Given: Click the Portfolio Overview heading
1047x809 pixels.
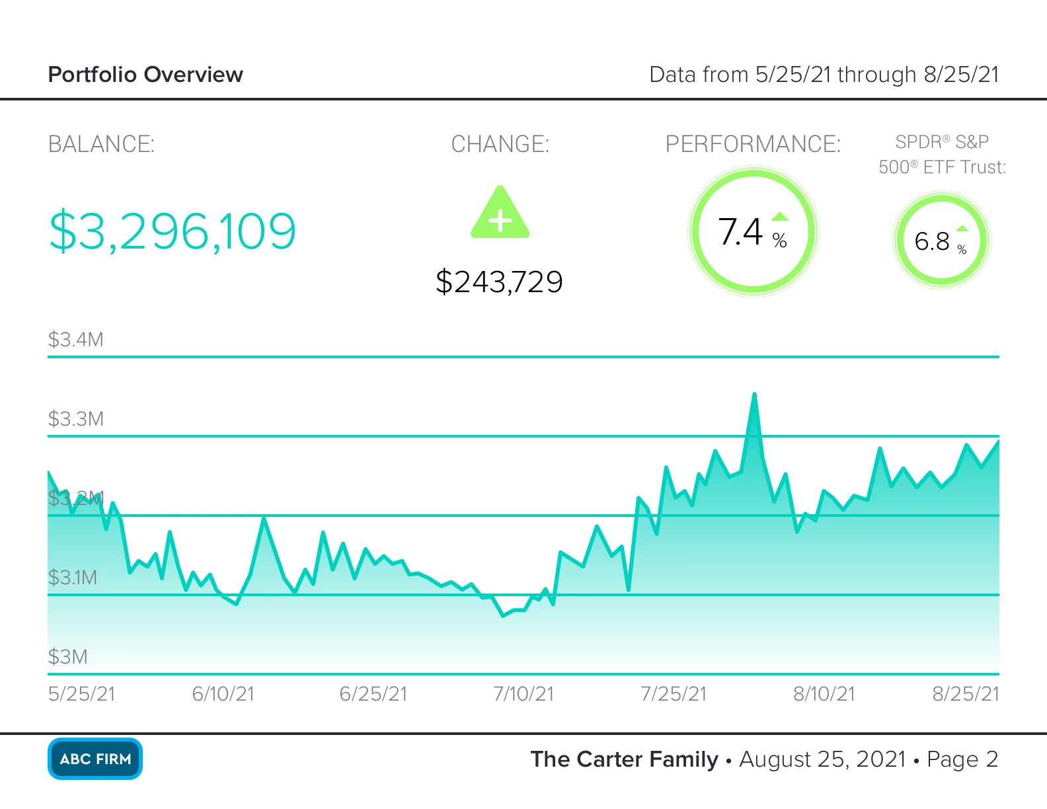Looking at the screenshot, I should [x=145, y=75].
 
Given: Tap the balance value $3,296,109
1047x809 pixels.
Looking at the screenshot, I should [x=173, y=231].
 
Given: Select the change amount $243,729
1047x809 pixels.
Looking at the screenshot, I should [x=499, y=282].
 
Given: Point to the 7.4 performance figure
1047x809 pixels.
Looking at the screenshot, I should [x=741, y=232].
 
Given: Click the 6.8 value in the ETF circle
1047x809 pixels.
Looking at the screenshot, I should [x=932, y=241].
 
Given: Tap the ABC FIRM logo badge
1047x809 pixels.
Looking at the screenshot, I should [x=95, y=759].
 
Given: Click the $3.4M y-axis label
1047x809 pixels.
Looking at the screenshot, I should [x=75, y=340].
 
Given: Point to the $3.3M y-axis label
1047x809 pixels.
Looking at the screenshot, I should [x=75, y=419].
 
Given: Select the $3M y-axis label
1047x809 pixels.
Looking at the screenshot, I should [x=67, y=657].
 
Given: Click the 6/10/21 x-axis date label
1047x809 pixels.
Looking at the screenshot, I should [x=223, y=694].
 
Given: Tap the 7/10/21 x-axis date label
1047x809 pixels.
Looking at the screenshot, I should [x=523, y=694].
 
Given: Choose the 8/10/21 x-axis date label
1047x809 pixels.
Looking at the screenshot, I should [x=824, y=694].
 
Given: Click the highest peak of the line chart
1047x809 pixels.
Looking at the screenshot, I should [x=754, y=395].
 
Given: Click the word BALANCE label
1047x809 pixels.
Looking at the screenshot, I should [x=101, y=144].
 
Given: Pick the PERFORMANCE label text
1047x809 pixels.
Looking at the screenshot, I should [x=753, y=144].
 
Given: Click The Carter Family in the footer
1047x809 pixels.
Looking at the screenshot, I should [x=624, y=759].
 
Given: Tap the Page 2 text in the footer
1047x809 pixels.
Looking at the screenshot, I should [x=962, y=759].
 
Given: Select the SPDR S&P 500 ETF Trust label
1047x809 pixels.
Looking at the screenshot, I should [x=942, y=155].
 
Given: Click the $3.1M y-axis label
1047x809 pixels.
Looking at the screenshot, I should [x=72, y=578].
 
